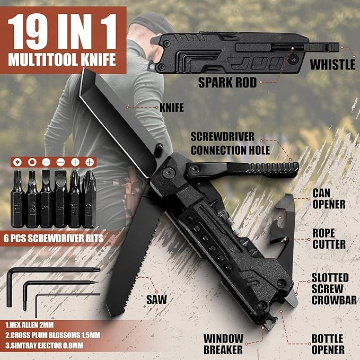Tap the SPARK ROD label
[x=227, y=82]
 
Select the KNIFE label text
[x=171, y=108]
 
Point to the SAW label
[x=156, y=299]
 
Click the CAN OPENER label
[x=328, y=197]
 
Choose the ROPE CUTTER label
[x=328, y=238]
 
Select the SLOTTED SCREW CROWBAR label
[x=330, y=289]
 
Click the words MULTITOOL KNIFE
[x=62, y=59]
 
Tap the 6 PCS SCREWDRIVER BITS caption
[x=54, y=238]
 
